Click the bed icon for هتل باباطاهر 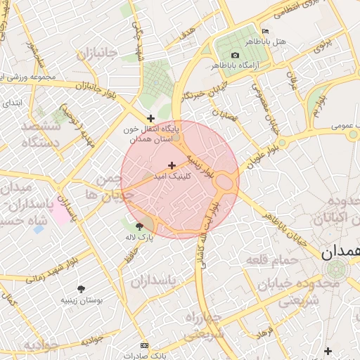pos(265,32)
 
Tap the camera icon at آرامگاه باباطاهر pos(235,55)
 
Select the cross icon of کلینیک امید pos(172,165)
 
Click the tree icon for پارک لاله pos(139,226)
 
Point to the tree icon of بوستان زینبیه pos(81,289)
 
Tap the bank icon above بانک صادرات pos(145,346)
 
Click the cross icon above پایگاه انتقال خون pos(150,118)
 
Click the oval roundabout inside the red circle pos(225,182)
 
